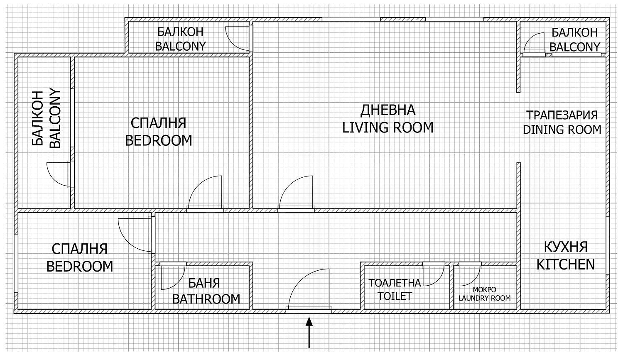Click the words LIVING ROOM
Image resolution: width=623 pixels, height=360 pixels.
(388, 127)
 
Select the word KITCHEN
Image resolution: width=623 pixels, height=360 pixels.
(565, 264)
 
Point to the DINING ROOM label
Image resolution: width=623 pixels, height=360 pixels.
(562, 130)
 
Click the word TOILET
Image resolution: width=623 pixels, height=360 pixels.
(395, 296)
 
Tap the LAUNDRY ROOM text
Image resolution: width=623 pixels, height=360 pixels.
(485, 298)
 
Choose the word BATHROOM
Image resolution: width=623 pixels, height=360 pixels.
(206, 299)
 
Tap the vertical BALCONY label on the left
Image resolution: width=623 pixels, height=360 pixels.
(55, 118)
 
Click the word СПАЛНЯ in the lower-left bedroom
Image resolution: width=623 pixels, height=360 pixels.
(80, 249)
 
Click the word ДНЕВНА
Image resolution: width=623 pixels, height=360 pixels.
(388, 110)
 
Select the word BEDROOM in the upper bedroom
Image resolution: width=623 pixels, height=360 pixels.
(159, 141)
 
